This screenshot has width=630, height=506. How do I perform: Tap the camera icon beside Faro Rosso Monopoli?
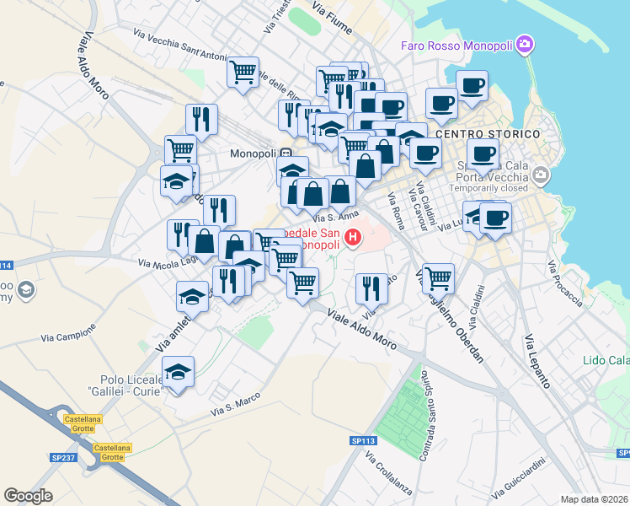click(526, 44)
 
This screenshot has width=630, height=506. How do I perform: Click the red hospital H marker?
click(353, 239)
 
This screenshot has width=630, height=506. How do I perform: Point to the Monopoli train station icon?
click(287, 154)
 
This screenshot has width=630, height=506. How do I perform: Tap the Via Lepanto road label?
click(537, 362)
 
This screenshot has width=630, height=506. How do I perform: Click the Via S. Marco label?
click(230, 406)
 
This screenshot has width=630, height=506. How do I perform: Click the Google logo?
click(28, 496)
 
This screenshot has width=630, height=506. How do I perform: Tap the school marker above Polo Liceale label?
click(178, 371)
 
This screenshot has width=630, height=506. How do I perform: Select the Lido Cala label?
click(606, 360)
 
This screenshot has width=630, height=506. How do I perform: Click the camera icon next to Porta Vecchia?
click(540, 176)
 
